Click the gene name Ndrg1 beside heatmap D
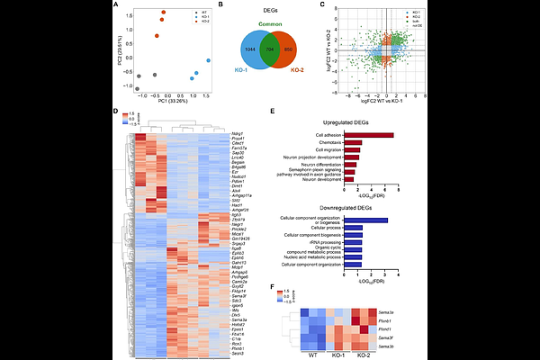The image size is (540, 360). [x=212, y=133]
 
